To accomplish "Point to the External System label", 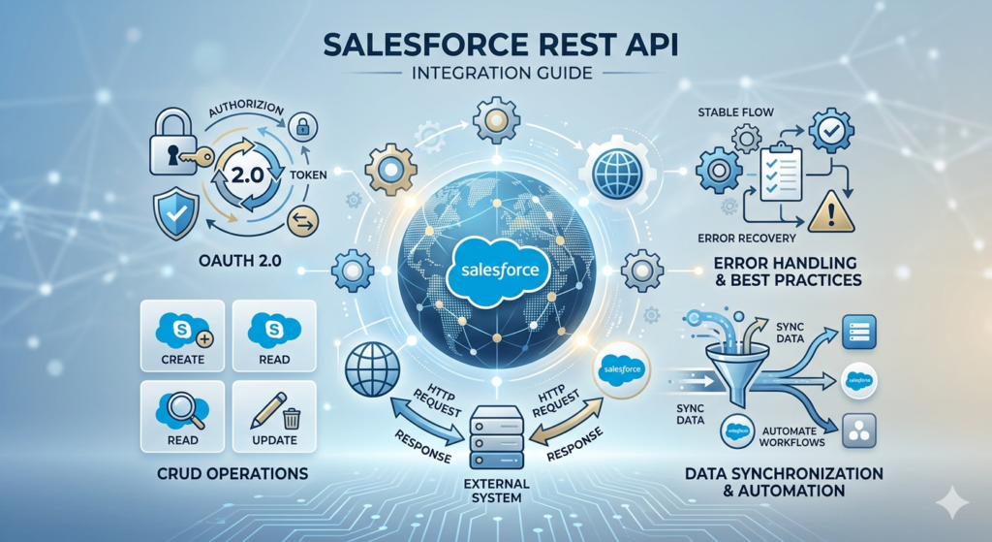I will [495, 490].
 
